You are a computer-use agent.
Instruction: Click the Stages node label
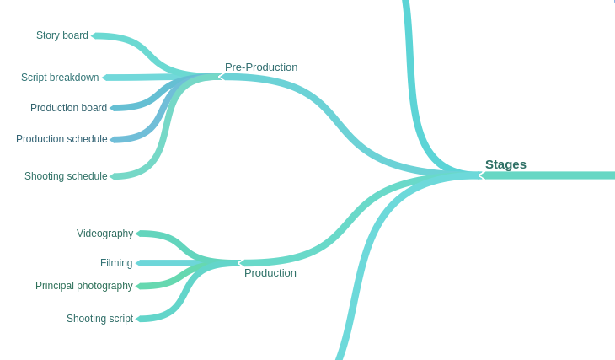(x=505, y=164)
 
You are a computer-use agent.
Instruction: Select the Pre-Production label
(x=261, y=67)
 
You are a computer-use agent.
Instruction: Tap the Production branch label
(x=270, y=273)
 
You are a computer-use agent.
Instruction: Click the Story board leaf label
(x=62, y=35)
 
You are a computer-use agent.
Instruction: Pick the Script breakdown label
(x=60, y=78)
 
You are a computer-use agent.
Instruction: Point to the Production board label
(x=68, y=108)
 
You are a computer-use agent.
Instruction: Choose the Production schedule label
(x=61, y=139)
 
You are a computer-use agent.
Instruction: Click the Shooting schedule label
(x=66, y=176)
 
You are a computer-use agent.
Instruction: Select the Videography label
(x=104, y=234)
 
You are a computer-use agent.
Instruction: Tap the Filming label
(x=116, y=263)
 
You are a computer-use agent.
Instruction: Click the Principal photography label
(x=84, y=286)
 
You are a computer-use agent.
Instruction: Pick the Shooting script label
(x=99, y=319)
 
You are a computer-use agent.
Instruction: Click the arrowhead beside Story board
(x=94, y=35)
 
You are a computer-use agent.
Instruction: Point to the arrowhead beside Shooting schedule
(x=113, y=176)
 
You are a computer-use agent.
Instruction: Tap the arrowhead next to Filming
(x=138, y=263)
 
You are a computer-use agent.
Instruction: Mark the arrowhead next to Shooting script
(x=138, y=319)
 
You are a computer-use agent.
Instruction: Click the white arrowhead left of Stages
(x=481, y=175)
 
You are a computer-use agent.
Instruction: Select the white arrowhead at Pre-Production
(x=222, y=77)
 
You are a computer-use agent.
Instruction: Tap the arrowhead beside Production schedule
(x=113, y=139)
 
